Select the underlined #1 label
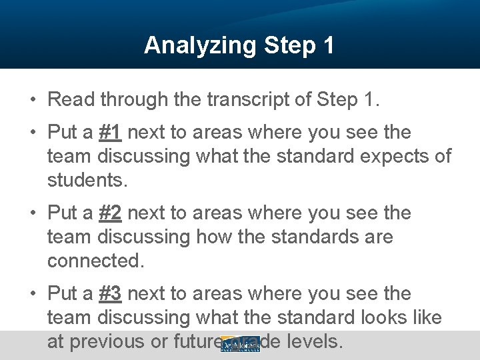[110, 133]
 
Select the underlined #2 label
[110, 213]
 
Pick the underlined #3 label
[110, 294]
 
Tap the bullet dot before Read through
[32, 101]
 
